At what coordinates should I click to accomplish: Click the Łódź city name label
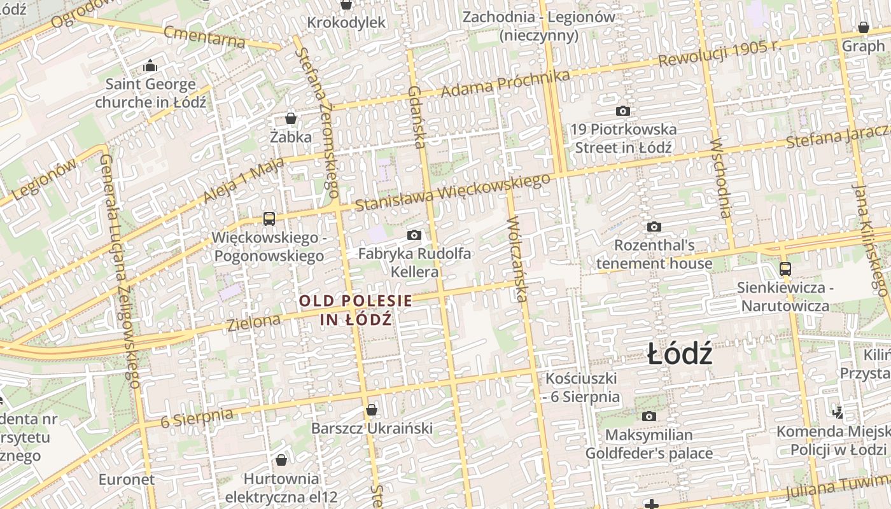click(x=680, y=354)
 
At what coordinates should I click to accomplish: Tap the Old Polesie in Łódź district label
click(x=356, y=310)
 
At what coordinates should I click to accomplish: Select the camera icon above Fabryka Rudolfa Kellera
click(x=414, y=235)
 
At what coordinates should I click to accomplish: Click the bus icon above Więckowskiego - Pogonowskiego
click(x=269, y=219)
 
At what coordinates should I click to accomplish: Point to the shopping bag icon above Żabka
click(x=291, y=118)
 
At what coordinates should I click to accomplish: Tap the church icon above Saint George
click(x=150, y=66)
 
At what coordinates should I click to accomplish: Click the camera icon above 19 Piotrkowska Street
click(x=623, y=111)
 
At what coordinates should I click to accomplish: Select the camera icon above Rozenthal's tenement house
click(x=654, y=227)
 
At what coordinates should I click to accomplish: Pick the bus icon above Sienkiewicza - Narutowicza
click(x=785, y=269)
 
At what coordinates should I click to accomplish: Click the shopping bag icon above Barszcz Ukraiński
click(x=372, y=410)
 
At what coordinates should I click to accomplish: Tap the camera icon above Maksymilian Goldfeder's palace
click(x=649, y=417)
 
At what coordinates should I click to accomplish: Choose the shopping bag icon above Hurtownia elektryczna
click(x=281, y=460)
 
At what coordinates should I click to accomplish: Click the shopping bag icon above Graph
click(x=864, y=27)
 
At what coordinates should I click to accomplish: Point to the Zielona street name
click(x=253, y=321)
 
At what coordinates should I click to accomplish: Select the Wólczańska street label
click(x=518, y=260)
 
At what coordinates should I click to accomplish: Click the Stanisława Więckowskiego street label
click(x=453, y=192)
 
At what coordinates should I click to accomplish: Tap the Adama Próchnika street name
click(x=505, y=83)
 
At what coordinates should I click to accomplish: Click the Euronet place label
click(x=127, y=479)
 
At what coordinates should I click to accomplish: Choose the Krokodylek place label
click(x=346, y=23)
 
